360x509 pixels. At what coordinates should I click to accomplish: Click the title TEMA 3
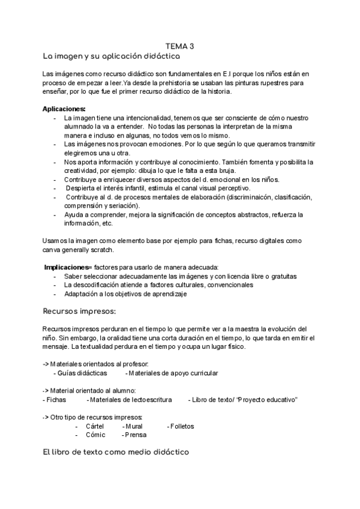[x=179, y=46]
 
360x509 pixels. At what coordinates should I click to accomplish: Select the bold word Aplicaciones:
[x=64, y=109]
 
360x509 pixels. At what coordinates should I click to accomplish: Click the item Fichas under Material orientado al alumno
[x=56, y=400]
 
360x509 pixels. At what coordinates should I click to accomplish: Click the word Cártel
[x=95, y=426]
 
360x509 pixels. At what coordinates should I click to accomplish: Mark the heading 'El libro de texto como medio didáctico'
[x=116, y=452]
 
